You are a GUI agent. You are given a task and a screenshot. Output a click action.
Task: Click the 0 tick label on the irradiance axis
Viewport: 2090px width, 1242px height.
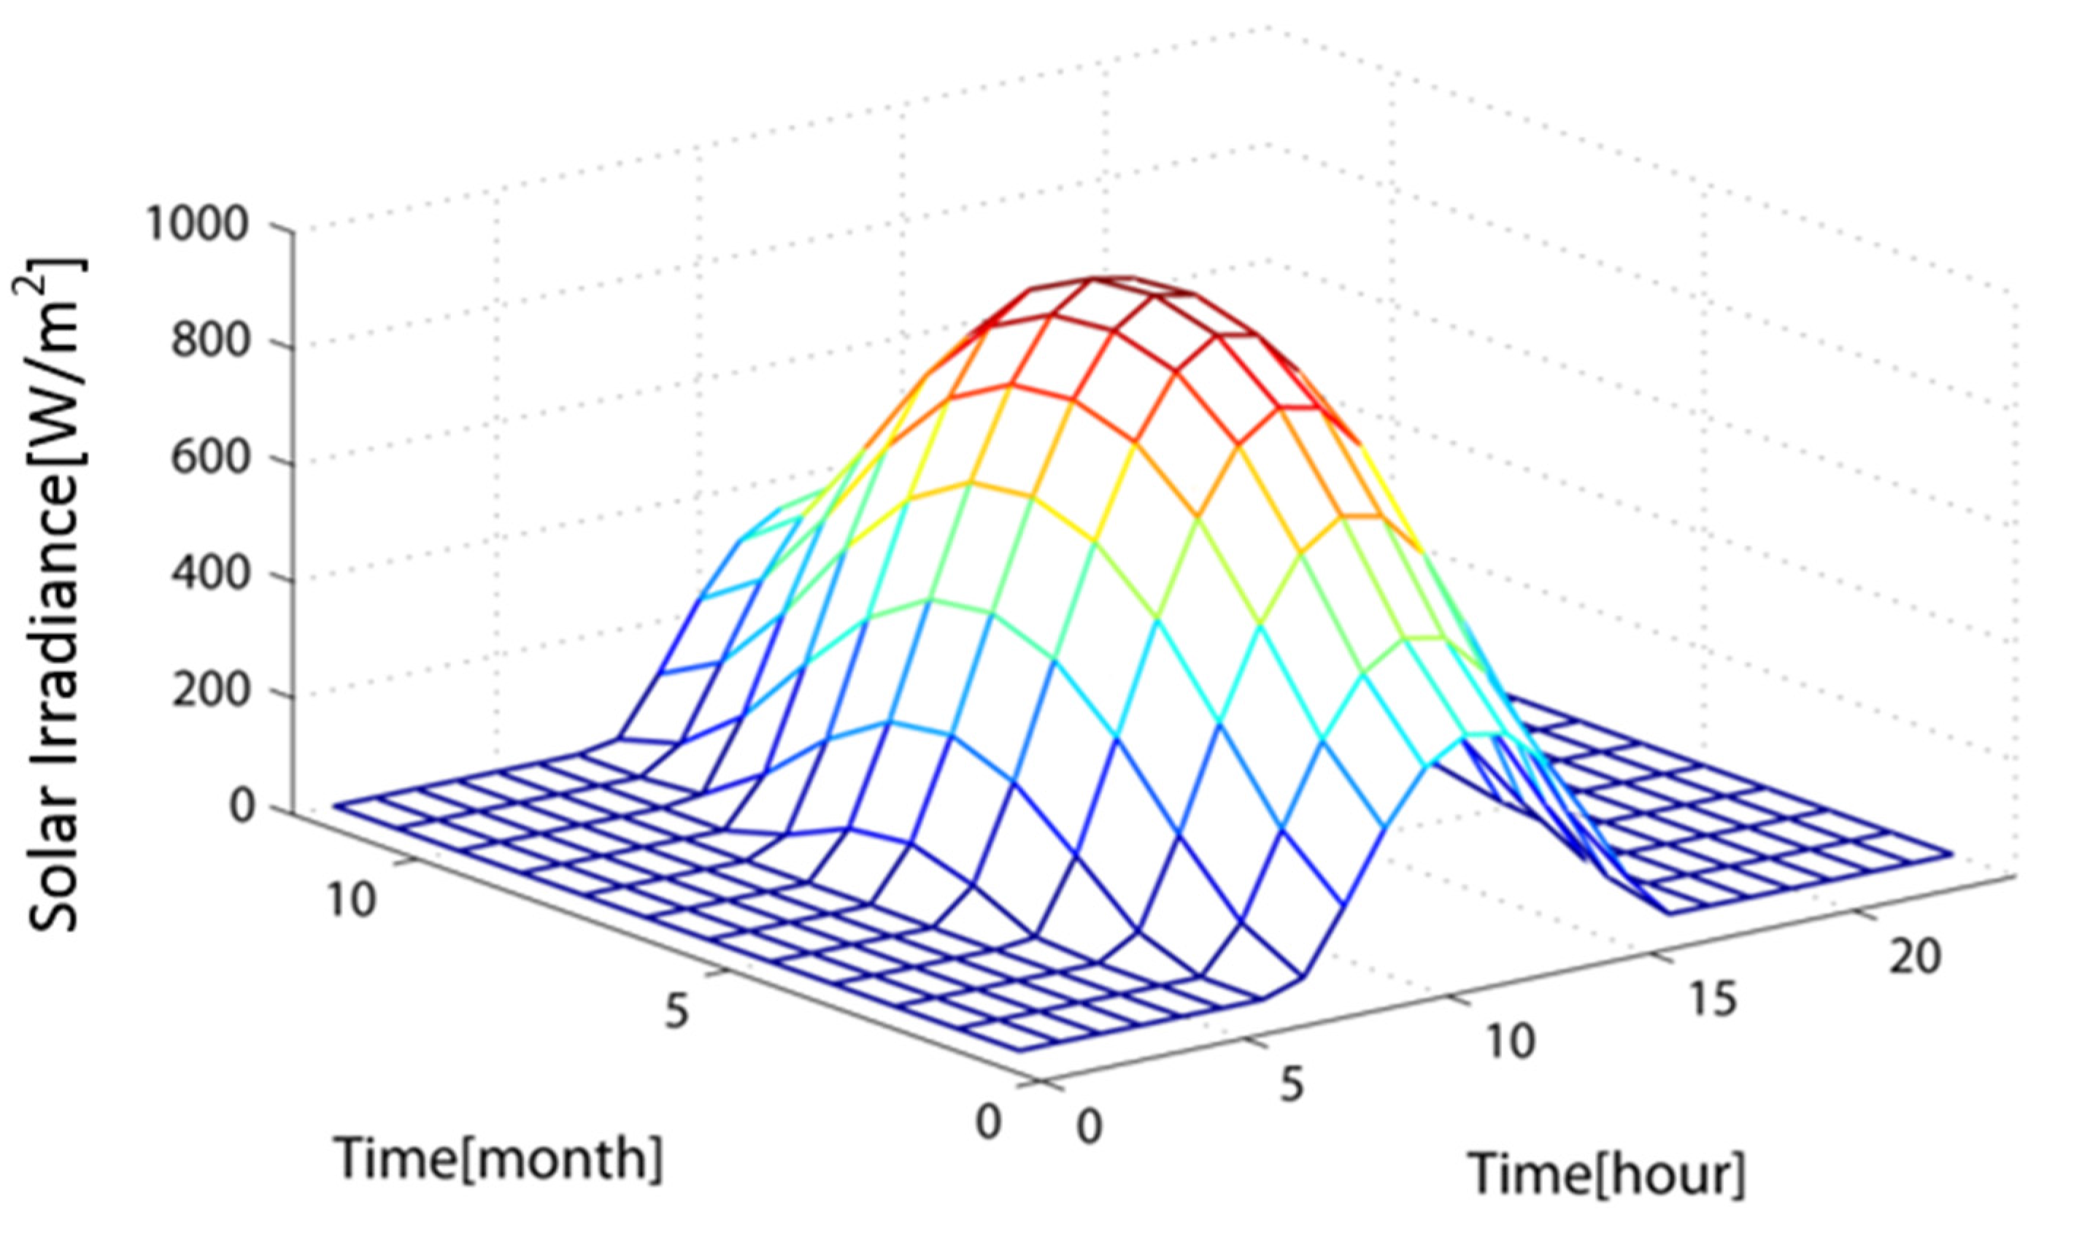pyautogui.click(x=242, y=809)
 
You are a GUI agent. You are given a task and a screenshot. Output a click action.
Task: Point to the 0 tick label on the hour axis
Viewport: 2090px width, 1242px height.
pyautogui.click(x=1089, y=1128)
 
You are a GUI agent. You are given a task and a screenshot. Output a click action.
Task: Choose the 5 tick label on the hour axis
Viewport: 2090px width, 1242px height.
pyautogui.click(x=1292, y=1086)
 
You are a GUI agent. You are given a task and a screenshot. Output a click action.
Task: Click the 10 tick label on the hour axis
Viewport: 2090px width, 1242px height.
pyautogui.click(x=1510, y=1042)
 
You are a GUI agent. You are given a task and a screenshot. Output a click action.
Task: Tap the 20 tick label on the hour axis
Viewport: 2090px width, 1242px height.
pyautogui.click(x=1914, y=956)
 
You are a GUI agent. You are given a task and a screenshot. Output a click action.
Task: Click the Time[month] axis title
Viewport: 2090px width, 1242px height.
pyautogui.click(x=498, y=1159)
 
